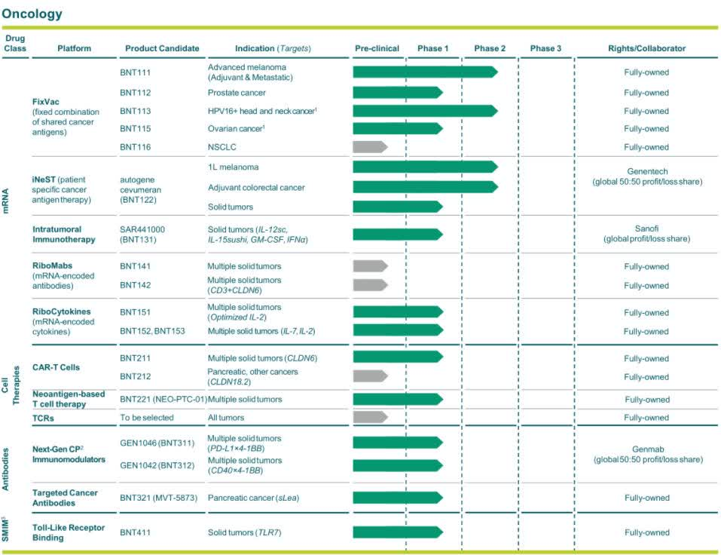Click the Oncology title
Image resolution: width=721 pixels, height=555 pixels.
click(x=32, y=14)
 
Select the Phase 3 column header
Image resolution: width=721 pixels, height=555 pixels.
click(x=545, y=48)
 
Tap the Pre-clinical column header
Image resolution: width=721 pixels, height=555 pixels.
click(x=377, y=48)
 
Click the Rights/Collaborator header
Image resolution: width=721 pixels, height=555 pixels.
click(x=646, y=48)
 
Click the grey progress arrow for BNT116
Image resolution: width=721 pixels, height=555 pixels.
click(x=369, y=147)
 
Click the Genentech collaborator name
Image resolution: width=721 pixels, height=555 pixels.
click(x=646, y=172)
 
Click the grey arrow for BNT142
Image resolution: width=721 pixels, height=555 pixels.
click(x=369, y=286)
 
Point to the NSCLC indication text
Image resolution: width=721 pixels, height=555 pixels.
click(x=221, y=147)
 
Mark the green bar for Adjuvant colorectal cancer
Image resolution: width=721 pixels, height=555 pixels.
click(x=424, y=187)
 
